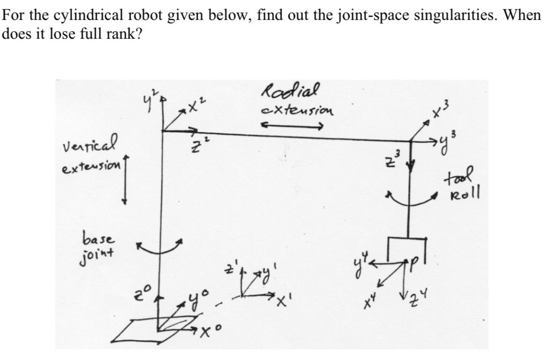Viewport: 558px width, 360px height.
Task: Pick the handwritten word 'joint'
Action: pos(97,250)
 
